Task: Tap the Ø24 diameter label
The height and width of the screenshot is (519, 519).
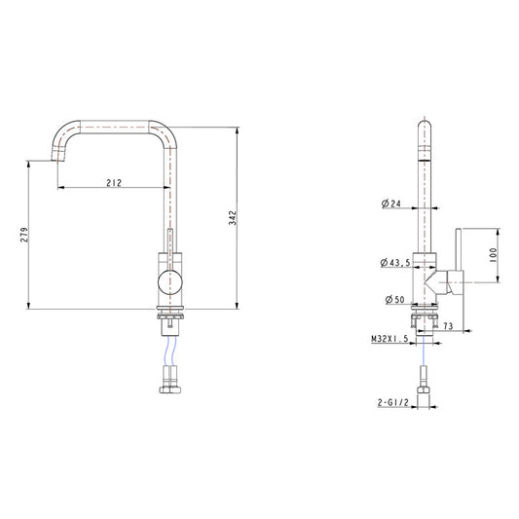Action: click(x=391, y=204)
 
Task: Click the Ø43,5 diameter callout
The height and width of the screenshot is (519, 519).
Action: click(x=394, y=263)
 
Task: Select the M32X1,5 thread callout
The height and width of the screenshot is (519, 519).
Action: click(x=389, y=339)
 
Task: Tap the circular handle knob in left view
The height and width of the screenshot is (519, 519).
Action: click(x=169, y=285)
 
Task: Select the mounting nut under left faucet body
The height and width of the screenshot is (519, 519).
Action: click(x=170, y=317)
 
